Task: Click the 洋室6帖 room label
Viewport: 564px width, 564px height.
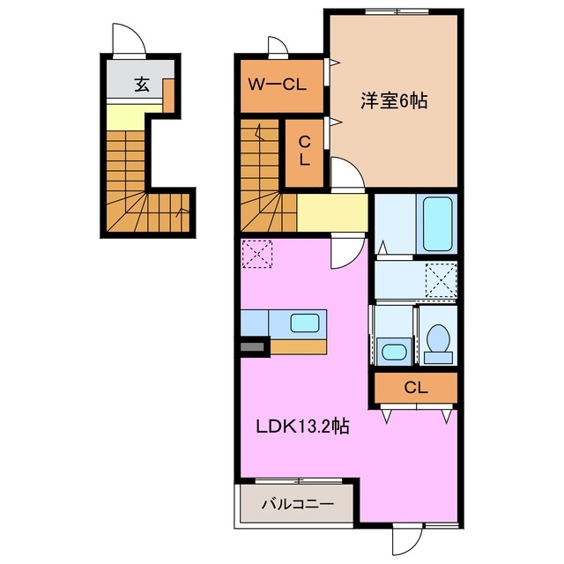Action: (393, 100)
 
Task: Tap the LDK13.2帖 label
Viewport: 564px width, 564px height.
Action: (302, 427)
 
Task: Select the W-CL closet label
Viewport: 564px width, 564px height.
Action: (276, 85)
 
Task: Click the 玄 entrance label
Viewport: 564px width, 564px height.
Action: (141, 85)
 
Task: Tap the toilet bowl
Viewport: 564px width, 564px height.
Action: (436, 339)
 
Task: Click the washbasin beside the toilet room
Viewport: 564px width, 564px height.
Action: (394, 352)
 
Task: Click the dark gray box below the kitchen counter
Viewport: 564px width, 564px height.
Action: (253, 347)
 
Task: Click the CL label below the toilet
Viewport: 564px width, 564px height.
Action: (416, 386)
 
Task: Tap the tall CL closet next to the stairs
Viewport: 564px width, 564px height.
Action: (303, 151)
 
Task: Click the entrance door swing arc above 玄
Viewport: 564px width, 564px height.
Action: (129, 41)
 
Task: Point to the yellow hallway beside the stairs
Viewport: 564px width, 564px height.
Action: (332, 212)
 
